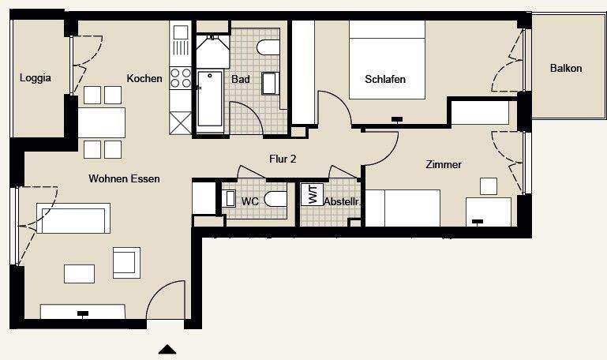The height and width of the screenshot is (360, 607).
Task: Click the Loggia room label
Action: (x=36, y=78)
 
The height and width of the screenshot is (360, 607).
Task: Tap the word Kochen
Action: (x=144, y=78)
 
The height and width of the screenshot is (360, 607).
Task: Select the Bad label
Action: (x=240, y=79)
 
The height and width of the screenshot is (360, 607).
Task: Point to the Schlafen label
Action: (x=385, y=79)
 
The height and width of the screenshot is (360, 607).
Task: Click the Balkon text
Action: (x=566, y=69)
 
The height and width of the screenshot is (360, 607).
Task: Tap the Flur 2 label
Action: (x=283, y=159)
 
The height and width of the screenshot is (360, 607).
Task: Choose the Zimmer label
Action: (x=443, y=164)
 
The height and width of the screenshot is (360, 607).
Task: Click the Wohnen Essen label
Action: (x=124, y=179)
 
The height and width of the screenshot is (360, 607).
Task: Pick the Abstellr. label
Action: (x=342, y=202)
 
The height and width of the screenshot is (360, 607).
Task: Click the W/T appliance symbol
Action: (x=311, y=195)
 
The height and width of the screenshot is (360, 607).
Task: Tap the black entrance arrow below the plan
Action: (x=167, y=349)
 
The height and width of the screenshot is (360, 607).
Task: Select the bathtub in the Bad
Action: (x=210, y=99)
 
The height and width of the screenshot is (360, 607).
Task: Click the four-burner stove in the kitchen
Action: (x=181, y=77)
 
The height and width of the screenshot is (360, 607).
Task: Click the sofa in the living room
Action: (x=73, y=219)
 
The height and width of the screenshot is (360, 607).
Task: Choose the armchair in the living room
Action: (x=126, y=261)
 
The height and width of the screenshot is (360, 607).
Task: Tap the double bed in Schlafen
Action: (x=387, y=59)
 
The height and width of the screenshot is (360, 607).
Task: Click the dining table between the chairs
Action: (x=101, y=122)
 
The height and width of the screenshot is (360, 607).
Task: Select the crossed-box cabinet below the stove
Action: (x=181, y=124)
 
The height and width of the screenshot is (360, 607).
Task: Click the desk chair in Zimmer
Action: (x=489, y=186)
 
